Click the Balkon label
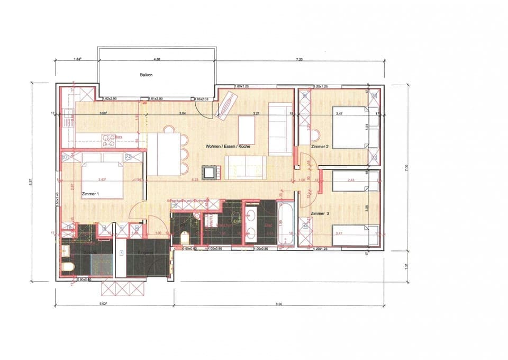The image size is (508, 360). (146, 75)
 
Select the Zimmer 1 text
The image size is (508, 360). (90, 194)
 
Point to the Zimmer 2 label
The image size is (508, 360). (320, 146)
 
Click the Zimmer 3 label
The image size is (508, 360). (321, 213)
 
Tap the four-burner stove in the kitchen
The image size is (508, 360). (108, 140)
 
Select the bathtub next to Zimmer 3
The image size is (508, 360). (287, 224)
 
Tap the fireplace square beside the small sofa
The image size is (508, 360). (210, 172)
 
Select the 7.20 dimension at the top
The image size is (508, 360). (299, 60)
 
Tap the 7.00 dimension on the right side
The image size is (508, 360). (407, 167)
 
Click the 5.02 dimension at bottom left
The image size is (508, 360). (103, 303)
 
